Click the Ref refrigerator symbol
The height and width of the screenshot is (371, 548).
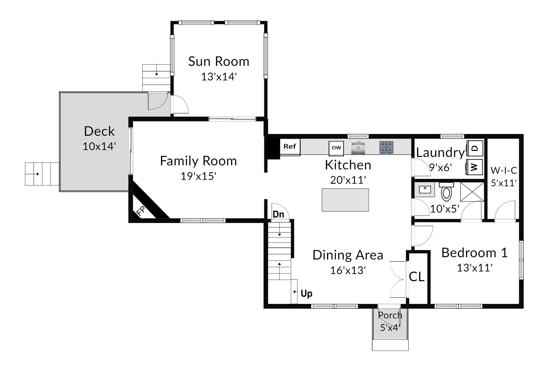pyautogui.click(x=290, y=147)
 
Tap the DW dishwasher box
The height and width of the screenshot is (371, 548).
pyautogui.click(x=336, y=148)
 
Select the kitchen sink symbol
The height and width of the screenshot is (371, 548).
pyautogui.click(x=358, y=148)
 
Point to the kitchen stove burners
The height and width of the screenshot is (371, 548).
pyautogui.click(x=386, y=148)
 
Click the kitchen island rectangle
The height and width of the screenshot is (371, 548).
pyautogui.click(x=345, y=200)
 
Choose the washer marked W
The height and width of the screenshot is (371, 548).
pyautogui.click(x=475, y=167)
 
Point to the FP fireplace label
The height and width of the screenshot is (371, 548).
pyautogui.click(x=141, y=211)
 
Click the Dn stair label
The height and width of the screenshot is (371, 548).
pyautogui.click(x=278, y=214)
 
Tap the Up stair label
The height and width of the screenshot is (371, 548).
pyautogui.click(x=306, y=294)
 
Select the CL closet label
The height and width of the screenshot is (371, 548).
pyautogui.click(x=417, y=277)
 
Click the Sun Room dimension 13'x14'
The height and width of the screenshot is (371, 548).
pyautogui.click(x=219, y=77)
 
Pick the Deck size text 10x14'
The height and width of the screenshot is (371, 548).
pyautogui.click(x=99, y=146)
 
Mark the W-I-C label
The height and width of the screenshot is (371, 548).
pyautogui.click(x=504, y=170)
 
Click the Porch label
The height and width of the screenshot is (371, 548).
pyautogui.click(x=390, y=315)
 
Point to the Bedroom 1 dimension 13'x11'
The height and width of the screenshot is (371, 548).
pyautogui.click(x=475, y=268)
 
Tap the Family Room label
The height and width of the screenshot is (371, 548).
pyautogui.click(x=198, y=161)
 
